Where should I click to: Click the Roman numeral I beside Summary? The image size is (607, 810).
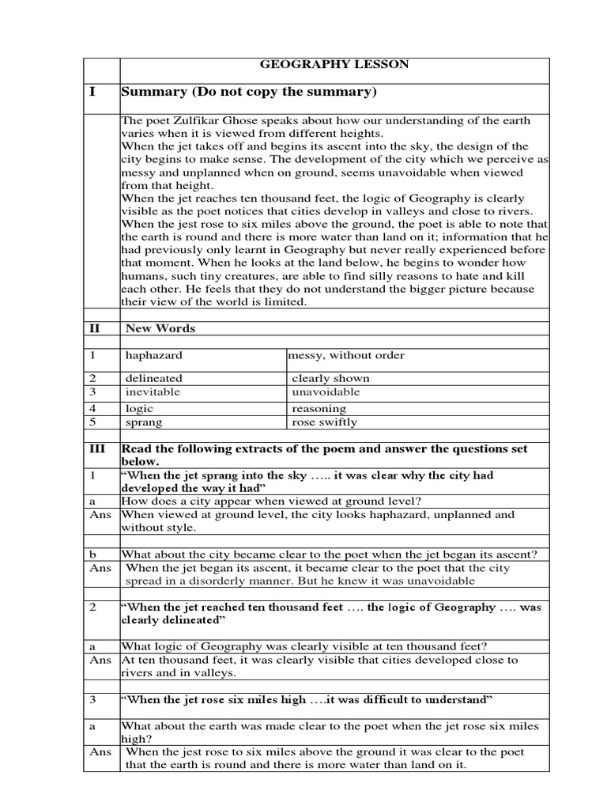tap(92, 92)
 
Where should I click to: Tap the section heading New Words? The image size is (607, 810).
tap(160, 327)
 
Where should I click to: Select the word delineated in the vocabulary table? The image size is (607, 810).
tap(153, 378)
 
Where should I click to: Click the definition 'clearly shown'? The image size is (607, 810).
tap(330, 378)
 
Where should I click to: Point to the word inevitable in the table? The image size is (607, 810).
tap(153, 392)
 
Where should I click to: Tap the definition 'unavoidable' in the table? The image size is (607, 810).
tap(326, 392)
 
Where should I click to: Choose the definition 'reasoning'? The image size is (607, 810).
tap(319, 408)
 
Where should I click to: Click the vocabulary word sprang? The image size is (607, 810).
tap(143, 422)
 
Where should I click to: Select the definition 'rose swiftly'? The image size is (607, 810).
tap(324, 422)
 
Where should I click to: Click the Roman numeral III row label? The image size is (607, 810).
tap(96, 449)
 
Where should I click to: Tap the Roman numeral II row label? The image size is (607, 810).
tap(94, 327)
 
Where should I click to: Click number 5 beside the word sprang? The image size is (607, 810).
tap(92, 422)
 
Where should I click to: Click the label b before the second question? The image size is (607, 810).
tap(92, 555)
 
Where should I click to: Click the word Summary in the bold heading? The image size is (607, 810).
tap(153, 92)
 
